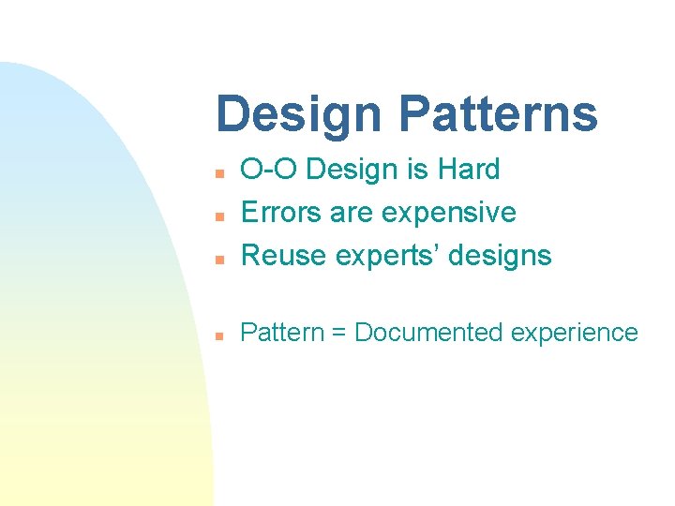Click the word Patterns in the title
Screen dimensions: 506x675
pos(498,114)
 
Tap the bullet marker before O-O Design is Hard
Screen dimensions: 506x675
pos(217,173)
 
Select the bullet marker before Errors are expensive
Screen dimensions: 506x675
pos(217,216)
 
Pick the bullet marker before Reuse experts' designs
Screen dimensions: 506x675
pos(217,258)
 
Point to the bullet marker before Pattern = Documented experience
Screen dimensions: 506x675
pos(217,335)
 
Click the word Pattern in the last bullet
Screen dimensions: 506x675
pos(282,333)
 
